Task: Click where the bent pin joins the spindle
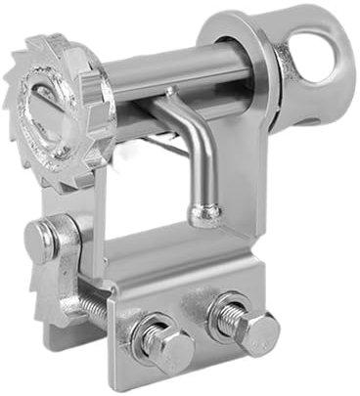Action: point(171,94)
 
